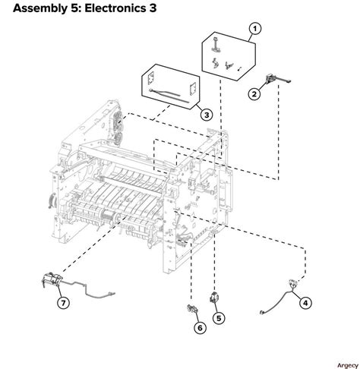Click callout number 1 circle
[255, 29]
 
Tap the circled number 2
[255, 94]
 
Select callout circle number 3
[206, 115]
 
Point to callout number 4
[305, 302]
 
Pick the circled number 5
[219, 318]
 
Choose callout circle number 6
[200, 328]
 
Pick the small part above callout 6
[192, 310]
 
